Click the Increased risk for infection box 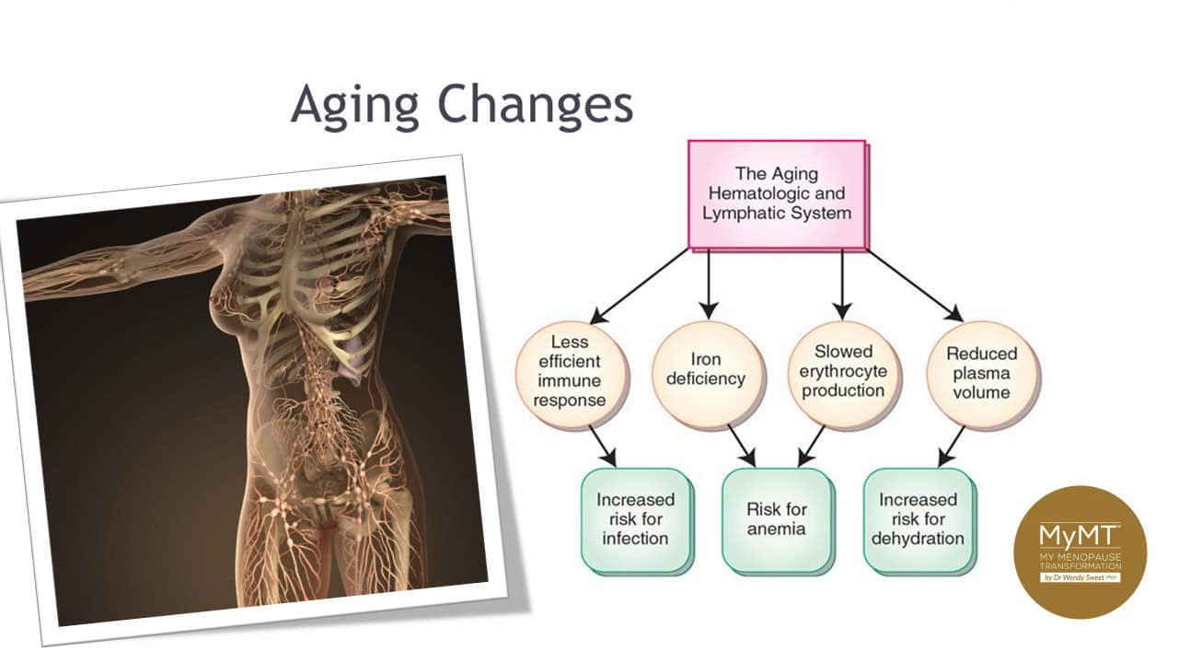[x=635, y=518]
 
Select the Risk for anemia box [x=776, y=518]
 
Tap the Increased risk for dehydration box [x=918, y=518]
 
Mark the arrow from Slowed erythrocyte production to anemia [x=812, y=444]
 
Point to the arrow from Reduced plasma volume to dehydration [x=951, y=444]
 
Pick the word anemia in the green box [x=776, y=529]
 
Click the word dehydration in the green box [x=918, y=538]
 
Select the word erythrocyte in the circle [x=843, y=371]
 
